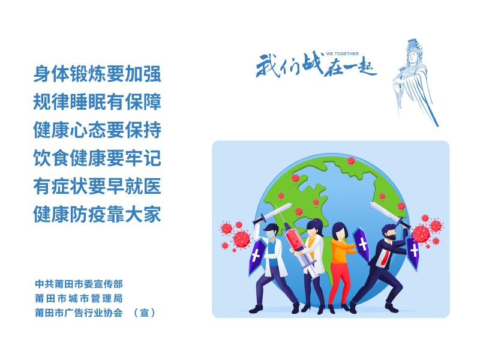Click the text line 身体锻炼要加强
(x=97, y=73)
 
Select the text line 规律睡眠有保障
(x=97, y=101)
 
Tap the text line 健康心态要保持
(x=97, y=130)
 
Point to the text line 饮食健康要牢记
(x=97, y=158)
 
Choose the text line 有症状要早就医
(x=97, y=186)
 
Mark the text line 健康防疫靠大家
(x=97, y=214)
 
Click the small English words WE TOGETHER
(x=342, y=53)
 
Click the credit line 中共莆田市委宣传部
(x=79, y=284)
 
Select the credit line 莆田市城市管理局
(x=79, y=298)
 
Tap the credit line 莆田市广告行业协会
(x=79, y=313)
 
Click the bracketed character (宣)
(x=145, y=313)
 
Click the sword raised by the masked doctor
(x=272, y=214)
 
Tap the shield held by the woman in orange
(x=361, y=244)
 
